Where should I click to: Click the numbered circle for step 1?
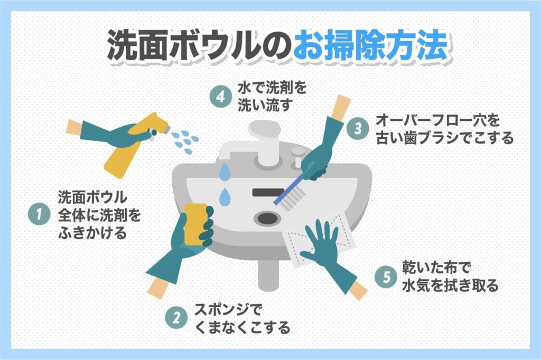tap(39, 214)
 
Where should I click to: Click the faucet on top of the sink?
tap(264, 140)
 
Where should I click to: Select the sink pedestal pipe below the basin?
tap(268, 274)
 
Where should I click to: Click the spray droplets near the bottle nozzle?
tap(185, 138)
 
